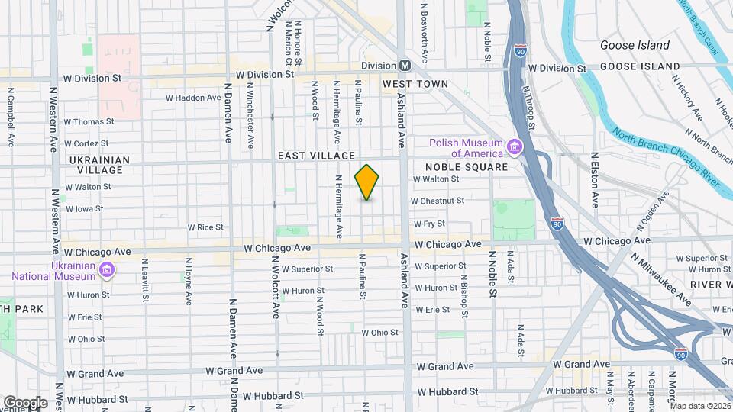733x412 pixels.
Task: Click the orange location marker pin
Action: click(x=366, y=182)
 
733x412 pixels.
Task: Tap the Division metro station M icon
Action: click(x=405, y=66)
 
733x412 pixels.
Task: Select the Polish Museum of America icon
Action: click(x=515, y=146)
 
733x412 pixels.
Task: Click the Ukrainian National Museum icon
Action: click(x=107, y=270)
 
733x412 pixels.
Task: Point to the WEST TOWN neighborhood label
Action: click(x=415, y=83)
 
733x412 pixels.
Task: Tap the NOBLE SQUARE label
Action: click(x=466, y=167)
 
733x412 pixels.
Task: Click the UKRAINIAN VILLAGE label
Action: click(x=95, y=165)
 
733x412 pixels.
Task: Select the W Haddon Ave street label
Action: click(x=193, y=98)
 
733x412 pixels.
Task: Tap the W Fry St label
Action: click(x=429, y=224)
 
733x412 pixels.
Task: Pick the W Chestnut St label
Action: click(x=438, y=201)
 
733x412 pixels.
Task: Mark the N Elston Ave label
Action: click(x=595, y=180)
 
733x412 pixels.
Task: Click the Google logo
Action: click(x=24, y=402)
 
